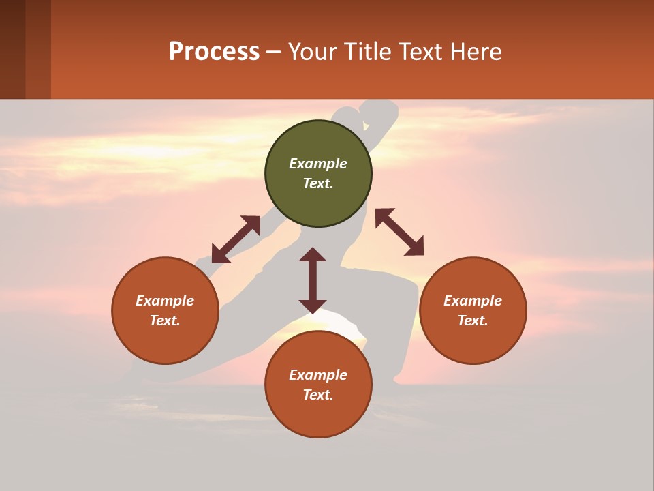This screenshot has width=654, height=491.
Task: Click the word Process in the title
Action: click(214, 52)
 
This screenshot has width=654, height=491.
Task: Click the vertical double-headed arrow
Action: click(313, 280)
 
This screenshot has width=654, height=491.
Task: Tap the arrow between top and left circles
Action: click(236, 239)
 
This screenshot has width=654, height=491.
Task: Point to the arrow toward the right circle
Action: click(399, 232)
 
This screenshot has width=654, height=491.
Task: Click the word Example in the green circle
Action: click(318, 164)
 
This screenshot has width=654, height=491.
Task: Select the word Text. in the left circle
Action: click(165, 321)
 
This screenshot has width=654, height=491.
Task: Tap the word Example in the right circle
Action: click(473, 301)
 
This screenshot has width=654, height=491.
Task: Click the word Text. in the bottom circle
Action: click(318, 395)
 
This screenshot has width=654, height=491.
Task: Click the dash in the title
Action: click(273, 53)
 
